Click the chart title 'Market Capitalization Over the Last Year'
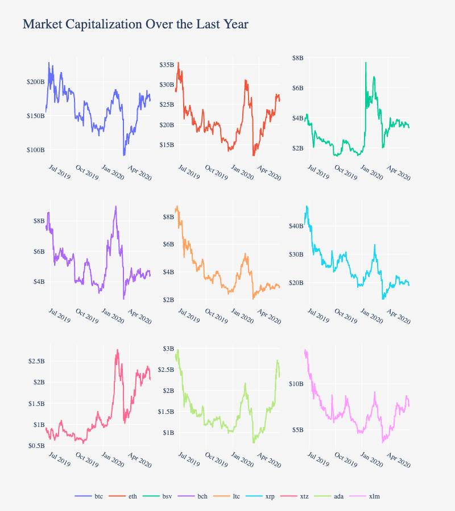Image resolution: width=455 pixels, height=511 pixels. click(135, 24)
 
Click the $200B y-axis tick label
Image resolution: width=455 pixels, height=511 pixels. click(35, 82)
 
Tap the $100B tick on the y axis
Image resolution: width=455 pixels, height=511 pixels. click(35, 150)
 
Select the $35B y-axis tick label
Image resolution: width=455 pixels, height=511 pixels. click(166, 65)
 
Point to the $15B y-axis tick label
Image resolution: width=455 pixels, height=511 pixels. click(166, 145)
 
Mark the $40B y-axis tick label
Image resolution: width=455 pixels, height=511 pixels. click(296, 226)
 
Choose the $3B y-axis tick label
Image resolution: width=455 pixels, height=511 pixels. click(168, 348)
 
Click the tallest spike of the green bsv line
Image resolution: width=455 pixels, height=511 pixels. click(366, 62)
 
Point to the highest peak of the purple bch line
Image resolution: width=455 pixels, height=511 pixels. click(116, 206)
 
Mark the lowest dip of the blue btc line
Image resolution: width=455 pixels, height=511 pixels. click(124, 155)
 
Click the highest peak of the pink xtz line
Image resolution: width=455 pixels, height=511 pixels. click(117, 350)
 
